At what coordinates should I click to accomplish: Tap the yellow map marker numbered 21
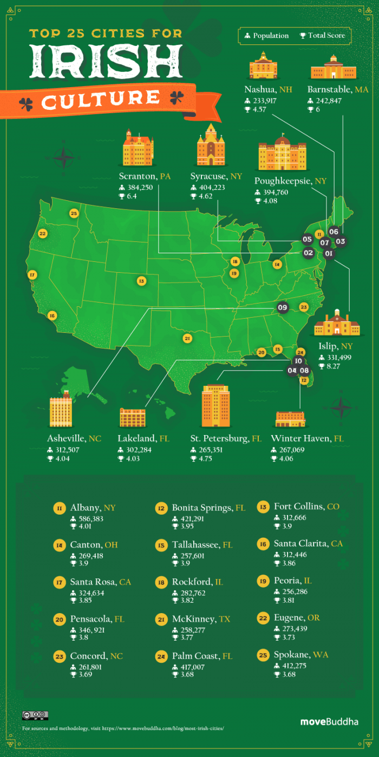tap(187, 338)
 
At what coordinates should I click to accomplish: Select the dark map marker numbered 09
tap(282, 307)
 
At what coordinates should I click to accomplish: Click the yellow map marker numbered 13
tap(141, 281)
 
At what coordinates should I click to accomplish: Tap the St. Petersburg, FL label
tap(226, 438)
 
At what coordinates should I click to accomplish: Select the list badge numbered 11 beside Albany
tap(59, 508)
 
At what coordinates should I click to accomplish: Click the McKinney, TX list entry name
tap(201, 619)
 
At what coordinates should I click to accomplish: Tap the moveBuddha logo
tap(329, 721)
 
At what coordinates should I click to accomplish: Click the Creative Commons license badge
tap(35, 715)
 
